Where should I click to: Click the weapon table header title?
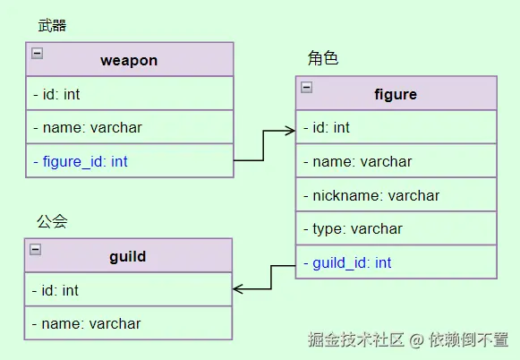pyautogui.click(x=129, y=61)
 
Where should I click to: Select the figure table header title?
pyautogui.click(x=395, y=94)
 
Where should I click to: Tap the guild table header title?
pyautogui.click(x=128, y=257)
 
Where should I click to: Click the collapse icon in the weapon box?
pyautogui.click(x=37, y=53)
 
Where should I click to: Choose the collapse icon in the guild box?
pyautogui.click(x=37, y=249)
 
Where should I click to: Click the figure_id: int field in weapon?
pyautogui.click(x=81, y=161)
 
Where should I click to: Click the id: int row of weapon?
pyautogui.click(x=57, y=94)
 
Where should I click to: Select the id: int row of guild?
pyautogui.click(x=57, y=290)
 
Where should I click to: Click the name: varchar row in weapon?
pyautogui.click(x=88, y=128)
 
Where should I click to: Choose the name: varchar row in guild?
pyautogui.click(x=88, y=323)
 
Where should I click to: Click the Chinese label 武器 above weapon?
pyautogui.click(x=52, y=26)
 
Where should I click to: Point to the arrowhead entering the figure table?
pyautogui.click(x=290, y=131)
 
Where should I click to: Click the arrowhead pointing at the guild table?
pyautogui.click(x=238, y=289)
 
